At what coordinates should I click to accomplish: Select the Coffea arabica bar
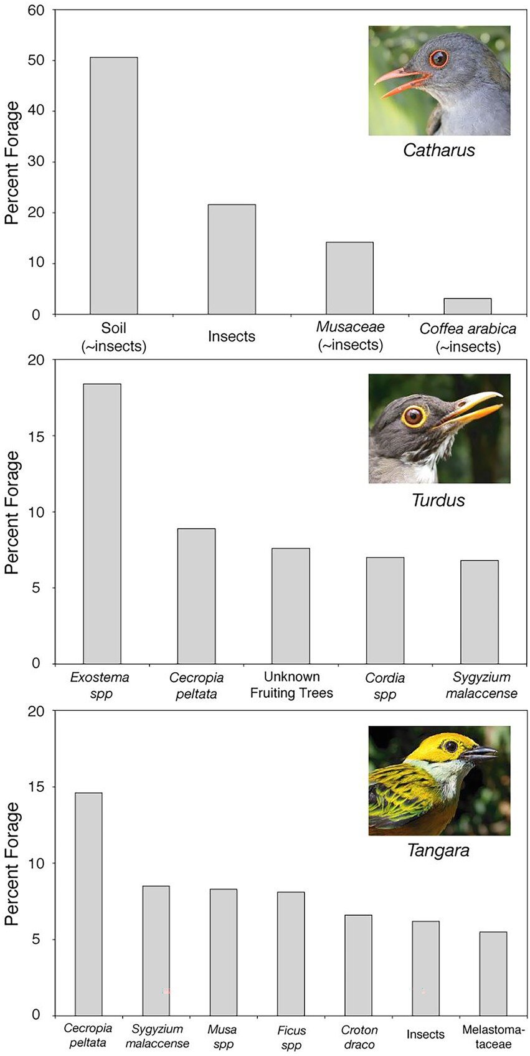pyautogui.click(x=467, y=307)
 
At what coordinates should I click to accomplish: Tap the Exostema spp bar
pyautogui.click(x=102, y=523)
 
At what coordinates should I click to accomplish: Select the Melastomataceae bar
pyautogui.click(x=493, y=973)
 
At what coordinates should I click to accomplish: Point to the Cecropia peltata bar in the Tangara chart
pyautogui.click(x=88, y=903)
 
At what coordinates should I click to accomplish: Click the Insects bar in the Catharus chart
pyautogui.click(x=232, y=259)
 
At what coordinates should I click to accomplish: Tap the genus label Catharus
pyautogui.click(x=439, y=150)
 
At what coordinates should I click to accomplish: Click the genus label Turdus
pyautogui.click(x=438, y=500)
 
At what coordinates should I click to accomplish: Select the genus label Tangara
pyautogui.click(x=438, y=850)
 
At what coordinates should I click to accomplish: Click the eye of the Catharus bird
pyautogui.click(x=438, y=59)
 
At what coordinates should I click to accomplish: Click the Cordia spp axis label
pyautogui.click(x=385, y=685)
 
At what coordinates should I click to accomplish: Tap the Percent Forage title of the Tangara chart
pyautogui.click(x=12, y=863)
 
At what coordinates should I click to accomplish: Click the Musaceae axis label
pyautogui.click(x=350, y=335)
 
